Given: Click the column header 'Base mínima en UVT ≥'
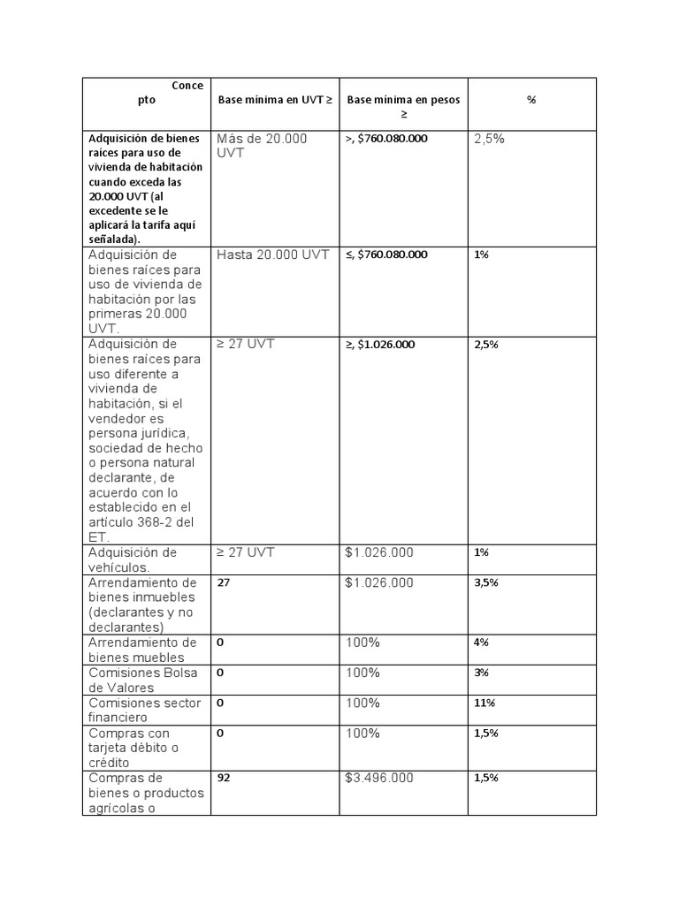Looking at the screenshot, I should [275, 100].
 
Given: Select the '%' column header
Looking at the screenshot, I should [531, 100].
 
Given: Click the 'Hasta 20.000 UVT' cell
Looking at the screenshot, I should [272, 255].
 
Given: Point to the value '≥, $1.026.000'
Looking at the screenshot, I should [380, 345].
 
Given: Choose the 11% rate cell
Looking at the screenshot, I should [484, 703].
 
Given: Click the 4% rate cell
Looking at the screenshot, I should [482, 643].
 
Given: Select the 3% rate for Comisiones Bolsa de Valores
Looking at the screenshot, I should [482, 673].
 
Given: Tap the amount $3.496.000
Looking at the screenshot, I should [378, 779].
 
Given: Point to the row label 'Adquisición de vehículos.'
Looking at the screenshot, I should [133, 559].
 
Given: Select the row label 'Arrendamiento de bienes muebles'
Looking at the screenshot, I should [142, 650].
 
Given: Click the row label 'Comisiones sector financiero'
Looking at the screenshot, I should [144, 711].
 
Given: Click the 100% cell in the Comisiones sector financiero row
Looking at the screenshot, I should [362, 703].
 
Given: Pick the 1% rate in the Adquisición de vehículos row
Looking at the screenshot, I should [482, 553].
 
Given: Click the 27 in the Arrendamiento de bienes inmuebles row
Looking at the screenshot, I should [224, 583].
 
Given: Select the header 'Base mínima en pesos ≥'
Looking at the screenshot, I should [403, 107].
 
